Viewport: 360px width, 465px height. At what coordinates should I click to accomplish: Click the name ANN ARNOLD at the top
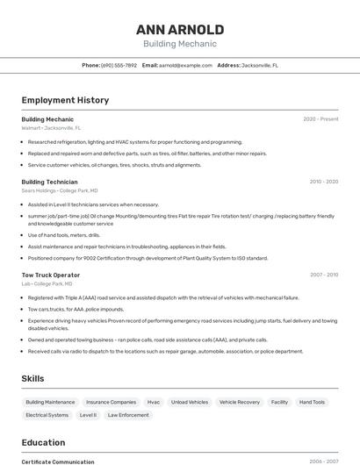180,29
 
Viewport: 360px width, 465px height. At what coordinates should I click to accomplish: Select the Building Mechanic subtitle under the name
180,44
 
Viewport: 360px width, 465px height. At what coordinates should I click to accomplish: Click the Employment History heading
65,100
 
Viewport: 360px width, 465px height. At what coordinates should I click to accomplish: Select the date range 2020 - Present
320,118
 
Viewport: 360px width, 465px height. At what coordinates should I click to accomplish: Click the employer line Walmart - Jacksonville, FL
51,128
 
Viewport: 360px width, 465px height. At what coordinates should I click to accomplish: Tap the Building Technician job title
49,182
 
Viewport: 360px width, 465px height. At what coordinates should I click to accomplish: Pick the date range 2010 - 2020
324,182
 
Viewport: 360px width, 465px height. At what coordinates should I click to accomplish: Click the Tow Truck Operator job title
50,275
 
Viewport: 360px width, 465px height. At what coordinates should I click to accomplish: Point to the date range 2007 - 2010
324,275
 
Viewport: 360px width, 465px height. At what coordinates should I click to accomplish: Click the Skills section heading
33,378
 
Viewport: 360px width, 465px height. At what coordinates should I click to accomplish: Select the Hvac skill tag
154,402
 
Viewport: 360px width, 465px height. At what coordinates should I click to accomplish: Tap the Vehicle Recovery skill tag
240,402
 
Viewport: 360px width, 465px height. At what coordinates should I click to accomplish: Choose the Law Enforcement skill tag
128,414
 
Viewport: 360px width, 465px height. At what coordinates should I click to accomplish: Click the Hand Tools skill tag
312,402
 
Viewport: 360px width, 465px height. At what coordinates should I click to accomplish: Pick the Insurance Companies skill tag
111,402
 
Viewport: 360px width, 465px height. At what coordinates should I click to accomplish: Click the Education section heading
43,442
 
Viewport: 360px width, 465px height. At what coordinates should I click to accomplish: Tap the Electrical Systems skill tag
47,414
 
